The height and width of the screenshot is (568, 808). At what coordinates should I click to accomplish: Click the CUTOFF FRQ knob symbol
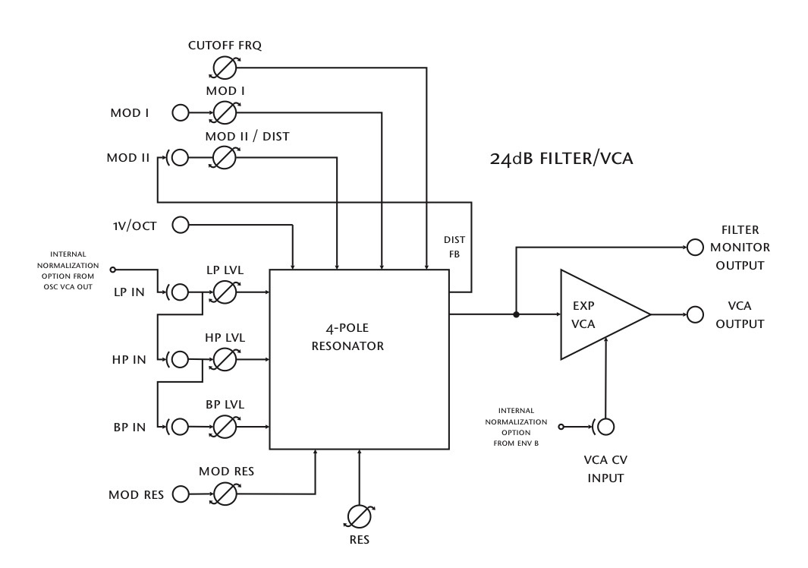224,68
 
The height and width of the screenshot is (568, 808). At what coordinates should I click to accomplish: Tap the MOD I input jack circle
181,112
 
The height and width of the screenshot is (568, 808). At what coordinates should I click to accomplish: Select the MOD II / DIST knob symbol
224,157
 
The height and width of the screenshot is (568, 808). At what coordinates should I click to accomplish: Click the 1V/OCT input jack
181,225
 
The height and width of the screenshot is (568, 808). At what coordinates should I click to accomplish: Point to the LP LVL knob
224,292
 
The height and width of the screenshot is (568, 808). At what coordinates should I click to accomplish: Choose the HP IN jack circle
180,360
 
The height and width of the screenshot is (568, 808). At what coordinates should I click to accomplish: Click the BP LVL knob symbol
224,427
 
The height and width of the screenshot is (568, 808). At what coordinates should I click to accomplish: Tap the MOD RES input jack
181,494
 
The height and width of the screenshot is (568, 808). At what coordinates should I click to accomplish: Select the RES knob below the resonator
359,516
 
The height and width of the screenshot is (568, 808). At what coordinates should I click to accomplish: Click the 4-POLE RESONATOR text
347,337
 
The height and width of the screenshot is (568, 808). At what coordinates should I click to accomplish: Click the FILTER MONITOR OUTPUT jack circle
695,247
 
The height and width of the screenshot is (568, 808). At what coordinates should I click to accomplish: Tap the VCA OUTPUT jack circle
695,314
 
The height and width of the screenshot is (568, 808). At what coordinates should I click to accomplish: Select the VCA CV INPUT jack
606,427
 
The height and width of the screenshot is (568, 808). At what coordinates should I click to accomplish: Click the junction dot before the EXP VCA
516,314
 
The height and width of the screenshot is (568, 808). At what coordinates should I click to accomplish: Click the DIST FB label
454,247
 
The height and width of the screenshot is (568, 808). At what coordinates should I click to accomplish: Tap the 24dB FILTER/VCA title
561,159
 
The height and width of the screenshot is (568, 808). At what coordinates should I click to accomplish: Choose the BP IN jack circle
180,427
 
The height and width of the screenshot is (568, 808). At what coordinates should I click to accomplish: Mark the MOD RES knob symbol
224,494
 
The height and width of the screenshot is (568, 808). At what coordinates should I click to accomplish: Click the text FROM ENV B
516,443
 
